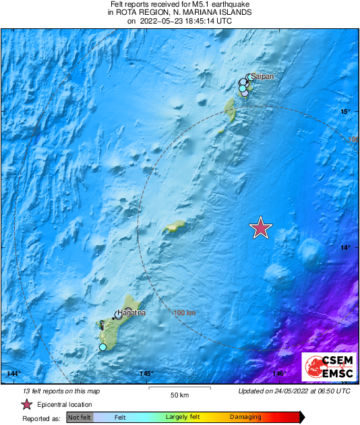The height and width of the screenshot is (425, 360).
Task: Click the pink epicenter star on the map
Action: point(261,228)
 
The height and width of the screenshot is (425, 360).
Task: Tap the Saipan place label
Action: point(263,77)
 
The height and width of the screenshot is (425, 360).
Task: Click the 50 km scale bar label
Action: point(179,395)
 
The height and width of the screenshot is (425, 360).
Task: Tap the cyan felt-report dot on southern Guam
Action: point(102,347)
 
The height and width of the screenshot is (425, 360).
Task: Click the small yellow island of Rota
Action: point(175,228)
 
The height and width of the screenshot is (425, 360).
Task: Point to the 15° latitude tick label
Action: point(345,112)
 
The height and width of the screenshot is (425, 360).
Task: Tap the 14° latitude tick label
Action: point(345,248)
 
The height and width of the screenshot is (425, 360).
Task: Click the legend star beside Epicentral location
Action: point(26,404)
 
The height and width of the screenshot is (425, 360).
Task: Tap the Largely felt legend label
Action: point(181,418)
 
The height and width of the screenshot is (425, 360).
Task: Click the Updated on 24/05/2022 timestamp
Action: point(294,391)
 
